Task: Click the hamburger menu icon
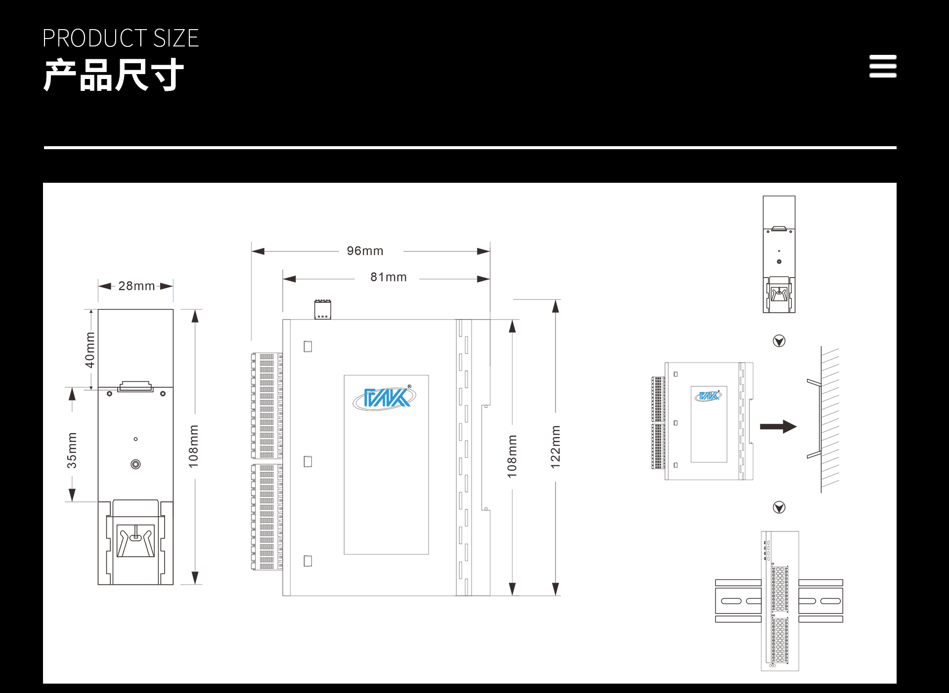(x=883, y=66)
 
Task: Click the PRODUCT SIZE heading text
(x=121, y=39)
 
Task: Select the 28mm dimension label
(x=136, y=286)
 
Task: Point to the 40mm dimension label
(x=89, y=350)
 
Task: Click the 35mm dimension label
(x=72, y=450)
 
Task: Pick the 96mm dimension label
(x=365, y=251)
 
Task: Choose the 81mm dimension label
(x=388, y=277)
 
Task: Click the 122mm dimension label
(x=556, y=447)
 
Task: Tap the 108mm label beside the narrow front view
(x=193, y=446)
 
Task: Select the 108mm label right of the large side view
(x=512, y=456)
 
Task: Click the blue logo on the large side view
(x=385, y=398)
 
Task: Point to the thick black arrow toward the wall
(x=778, y=427)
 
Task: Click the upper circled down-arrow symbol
(x=779, y=341)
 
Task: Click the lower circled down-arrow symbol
(x=779, y=507)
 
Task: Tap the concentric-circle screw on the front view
(x=135, y=464)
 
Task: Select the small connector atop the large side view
(x=323, y=309)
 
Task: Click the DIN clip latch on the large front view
(x=135, y=540)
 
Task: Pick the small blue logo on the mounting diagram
(x=708, y=396)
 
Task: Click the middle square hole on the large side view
(x=308, y=461)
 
